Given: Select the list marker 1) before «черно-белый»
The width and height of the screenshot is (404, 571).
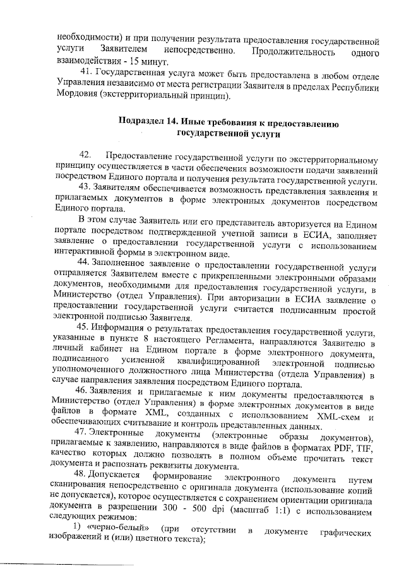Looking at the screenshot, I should (76, 526).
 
